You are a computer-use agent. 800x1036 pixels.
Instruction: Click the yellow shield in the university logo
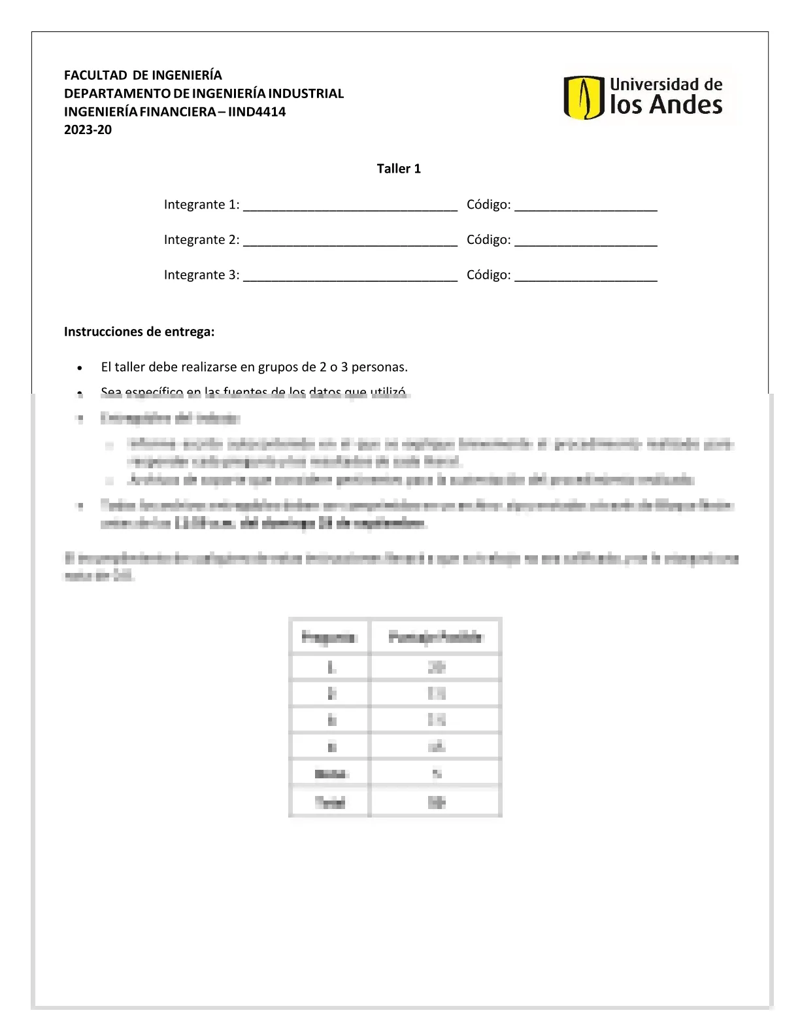pyautogui.click(x=583, y=97)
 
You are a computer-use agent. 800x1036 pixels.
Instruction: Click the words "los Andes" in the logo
pyautogui.click(x=666, y=105)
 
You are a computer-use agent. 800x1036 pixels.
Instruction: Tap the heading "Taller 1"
pyautogui.click(x=399, y=169)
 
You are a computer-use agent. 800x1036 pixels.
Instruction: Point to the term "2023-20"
pyautogui.click(x=88, y=130)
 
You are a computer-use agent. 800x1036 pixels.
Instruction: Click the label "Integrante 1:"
pyautogui.click(x=201, y=205)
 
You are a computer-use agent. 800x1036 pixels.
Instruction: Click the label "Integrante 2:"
pyautogui.click(x=201, y=240)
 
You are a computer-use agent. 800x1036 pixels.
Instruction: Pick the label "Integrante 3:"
pyautogui.click(x=201, y=275)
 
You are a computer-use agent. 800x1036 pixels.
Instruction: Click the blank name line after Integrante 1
pyautogui.click(x=350, y=208)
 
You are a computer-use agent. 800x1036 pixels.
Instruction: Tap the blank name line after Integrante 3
pyautogui.click(x=350, y=279)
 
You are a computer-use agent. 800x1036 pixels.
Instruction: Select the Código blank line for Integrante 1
pyautogui.click(x=586, y=208)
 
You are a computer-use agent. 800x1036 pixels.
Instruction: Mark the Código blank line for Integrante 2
pyautogui.click(x=586, y=243)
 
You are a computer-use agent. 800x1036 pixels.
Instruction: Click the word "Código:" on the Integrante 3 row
pyautogui.click(x=488, y=275)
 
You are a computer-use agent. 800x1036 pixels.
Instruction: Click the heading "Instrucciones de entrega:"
pyautogui.click(x=139, y=332)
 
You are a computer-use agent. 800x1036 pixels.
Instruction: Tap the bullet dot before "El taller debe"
pyautogui.click(x=80, y=368)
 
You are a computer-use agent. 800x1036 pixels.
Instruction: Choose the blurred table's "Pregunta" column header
pyautogui.click(x=329, y=636)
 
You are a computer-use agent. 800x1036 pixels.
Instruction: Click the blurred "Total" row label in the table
pyautogui.click(x=329, y=802)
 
